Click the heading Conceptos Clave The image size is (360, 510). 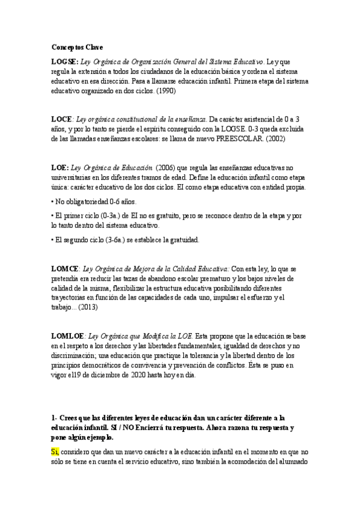coord(76,46)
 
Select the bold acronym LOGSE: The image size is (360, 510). coord(61,61)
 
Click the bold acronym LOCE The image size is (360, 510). coord(61,120)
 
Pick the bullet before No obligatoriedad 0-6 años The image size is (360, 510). coord(53,202)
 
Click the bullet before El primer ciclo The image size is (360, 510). coord(53,215)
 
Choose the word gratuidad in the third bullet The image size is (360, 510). coord(180,239)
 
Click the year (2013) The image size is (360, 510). coord(87,307)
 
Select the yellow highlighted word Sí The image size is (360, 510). coord(55,452)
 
